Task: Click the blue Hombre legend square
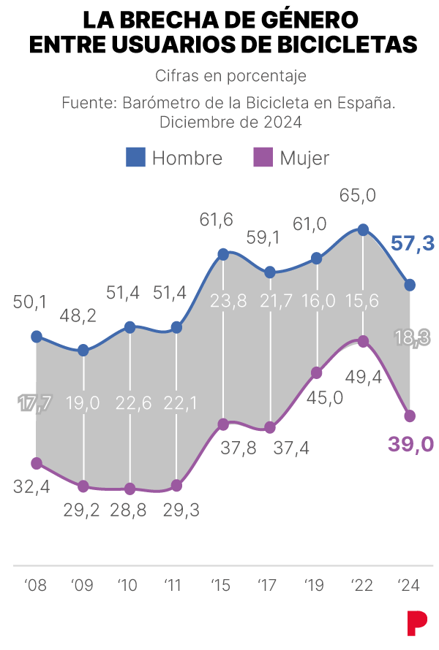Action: coord(136,157)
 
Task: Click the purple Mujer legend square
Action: coord(263,157)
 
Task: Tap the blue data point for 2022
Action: coord(364,230)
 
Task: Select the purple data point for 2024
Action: coord(410,416)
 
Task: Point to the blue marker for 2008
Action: coord(37,337)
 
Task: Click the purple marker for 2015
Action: coord(223,424)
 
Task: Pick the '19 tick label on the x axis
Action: coord(314,585)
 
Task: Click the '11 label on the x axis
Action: coord(173,585)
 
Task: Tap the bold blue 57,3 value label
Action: coord(413,243)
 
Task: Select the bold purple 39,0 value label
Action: coord(411,444)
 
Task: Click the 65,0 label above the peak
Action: coord(358,195)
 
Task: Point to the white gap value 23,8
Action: coord(228,301)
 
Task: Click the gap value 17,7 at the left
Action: coord(35,403)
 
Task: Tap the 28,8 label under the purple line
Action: coord(128,510)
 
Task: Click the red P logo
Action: coord(417,623)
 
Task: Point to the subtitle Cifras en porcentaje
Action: coord(231,76)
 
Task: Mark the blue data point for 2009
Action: coord(83,351)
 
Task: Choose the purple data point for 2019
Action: coord(317,372)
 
